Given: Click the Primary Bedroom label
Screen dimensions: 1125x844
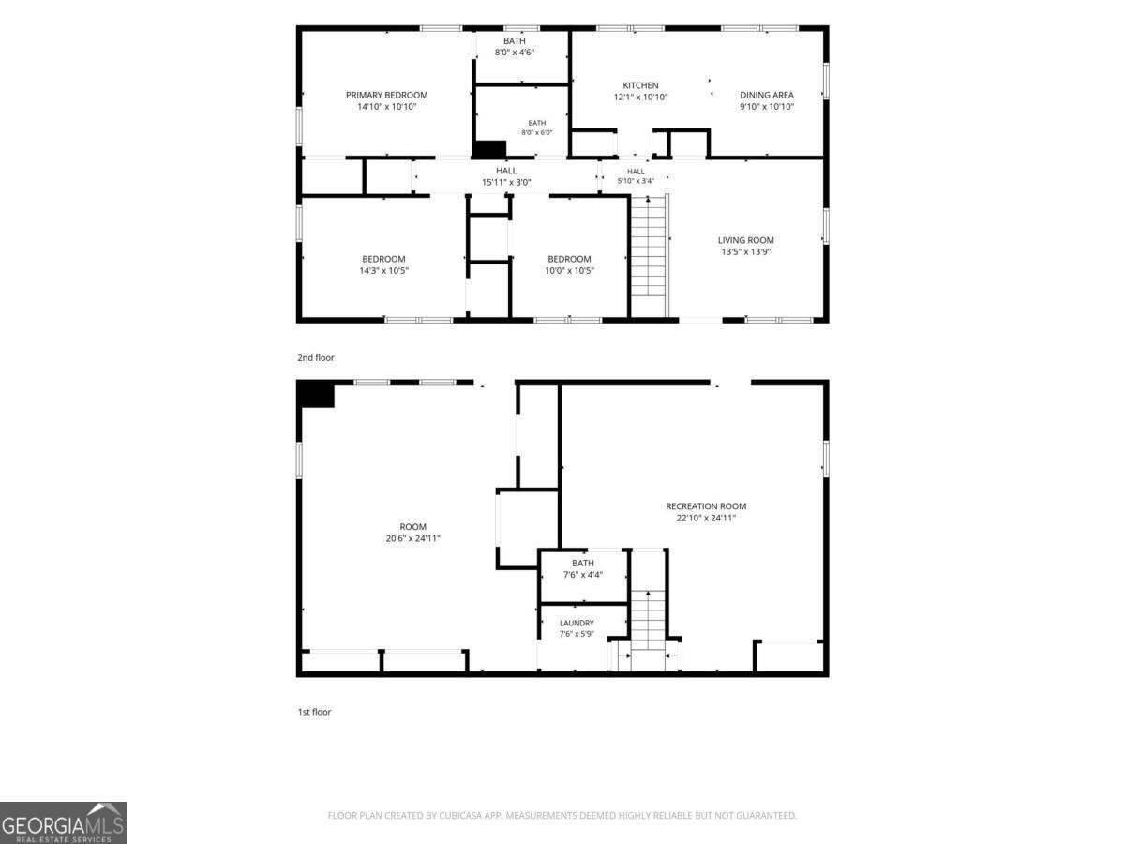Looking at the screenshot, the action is pos(386,100).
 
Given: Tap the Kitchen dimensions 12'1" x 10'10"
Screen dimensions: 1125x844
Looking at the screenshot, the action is pos(640,97).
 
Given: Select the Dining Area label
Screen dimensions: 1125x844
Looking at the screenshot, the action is pos(767,100).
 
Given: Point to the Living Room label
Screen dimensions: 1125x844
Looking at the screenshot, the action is pos(745,246).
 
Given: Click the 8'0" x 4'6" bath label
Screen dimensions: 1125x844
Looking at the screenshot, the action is pos(514,46).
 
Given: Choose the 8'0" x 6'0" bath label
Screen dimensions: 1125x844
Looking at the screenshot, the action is pos(536,128).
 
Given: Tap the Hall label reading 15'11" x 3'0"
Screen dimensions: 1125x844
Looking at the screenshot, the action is pos(506,175).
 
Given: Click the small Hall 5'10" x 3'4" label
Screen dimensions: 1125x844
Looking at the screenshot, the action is pos(636,175).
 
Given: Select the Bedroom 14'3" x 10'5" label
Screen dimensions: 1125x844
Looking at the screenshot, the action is pos(383,264).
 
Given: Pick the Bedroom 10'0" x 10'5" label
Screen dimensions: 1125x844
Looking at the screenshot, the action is pos(569,264).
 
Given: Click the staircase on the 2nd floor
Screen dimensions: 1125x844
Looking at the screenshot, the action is pos(649,255).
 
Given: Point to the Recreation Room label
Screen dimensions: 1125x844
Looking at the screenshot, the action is pos(706,511).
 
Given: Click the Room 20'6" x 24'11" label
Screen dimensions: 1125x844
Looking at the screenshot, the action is pos(412,532).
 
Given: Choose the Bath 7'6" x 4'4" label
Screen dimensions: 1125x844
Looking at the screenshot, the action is pos(583,568).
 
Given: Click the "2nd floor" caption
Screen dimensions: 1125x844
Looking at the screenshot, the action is pos(316,357).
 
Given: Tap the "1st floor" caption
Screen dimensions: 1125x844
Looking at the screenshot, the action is pos(314,712).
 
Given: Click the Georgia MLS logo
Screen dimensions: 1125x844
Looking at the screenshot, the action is pos(64,822).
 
